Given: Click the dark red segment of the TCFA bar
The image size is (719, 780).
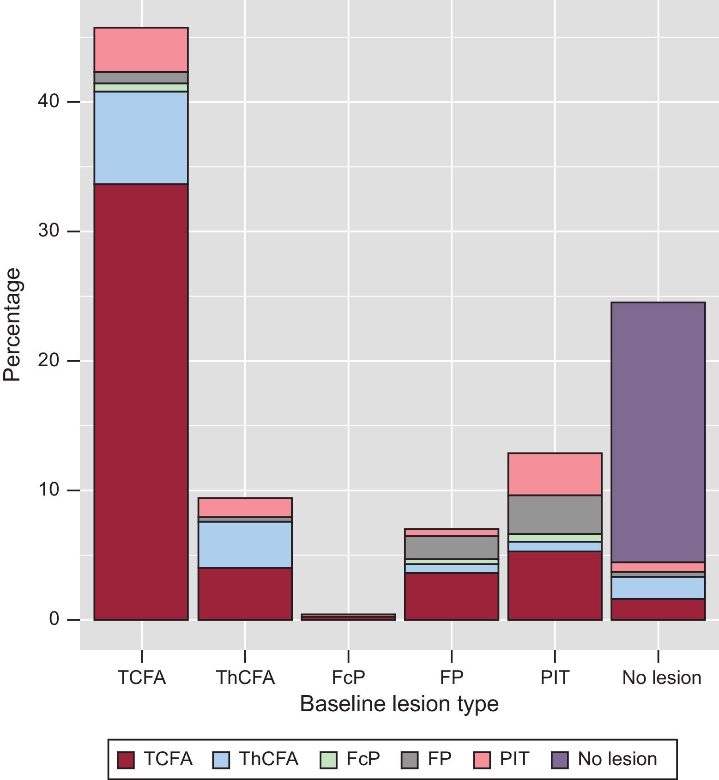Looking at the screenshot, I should pyautogui.click(x=141, y=402).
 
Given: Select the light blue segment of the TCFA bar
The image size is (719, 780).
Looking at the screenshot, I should pyautogui.click(x=141, y=138).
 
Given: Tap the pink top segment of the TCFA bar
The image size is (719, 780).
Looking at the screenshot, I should pyautogui.click(x=141, y=50).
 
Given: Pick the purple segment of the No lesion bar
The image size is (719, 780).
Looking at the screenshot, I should pyautogui.click(x=658, y=432).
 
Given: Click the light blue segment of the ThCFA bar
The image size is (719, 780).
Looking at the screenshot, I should pyautogui.click(x=245, y=544).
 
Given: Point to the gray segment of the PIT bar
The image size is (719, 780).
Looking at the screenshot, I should pyautogui.click(x=555, y=514).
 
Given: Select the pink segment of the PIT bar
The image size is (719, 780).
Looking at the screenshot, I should pyautogui.click(x=555, y=474).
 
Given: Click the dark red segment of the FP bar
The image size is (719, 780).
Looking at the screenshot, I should pyautogui.click(x=451, y=596).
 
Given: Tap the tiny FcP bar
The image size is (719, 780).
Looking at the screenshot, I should pyautogui.click(x=348, y=617).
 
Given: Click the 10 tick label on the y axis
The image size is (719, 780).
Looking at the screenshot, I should pyautogui.click(x=48, y=490).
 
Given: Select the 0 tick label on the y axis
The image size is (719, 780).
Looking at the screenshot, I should pyautogui.click(x=54, y=619).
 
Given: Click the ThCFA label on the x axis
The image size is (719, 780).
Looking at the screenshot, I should pyautogui.click(x=245, y=677).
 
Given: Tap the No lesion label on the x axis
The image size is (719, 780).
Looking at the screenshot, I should pyautogui.click(x=661, y=677).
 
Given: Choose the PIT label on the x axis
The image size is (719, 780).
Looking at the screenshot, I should pyautogui.click(x=555, y=677).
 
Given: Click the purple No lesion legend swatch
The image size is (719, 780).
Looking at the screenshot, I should pyautogui.click(x=560, y=760).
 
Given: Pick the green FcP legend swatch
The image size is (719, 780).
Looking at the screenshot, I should pyautogui.click(x=328, y=760).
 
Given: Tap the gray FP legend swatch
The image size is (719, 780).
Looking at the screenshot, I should pyautogui.click(x=409, y=760).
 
